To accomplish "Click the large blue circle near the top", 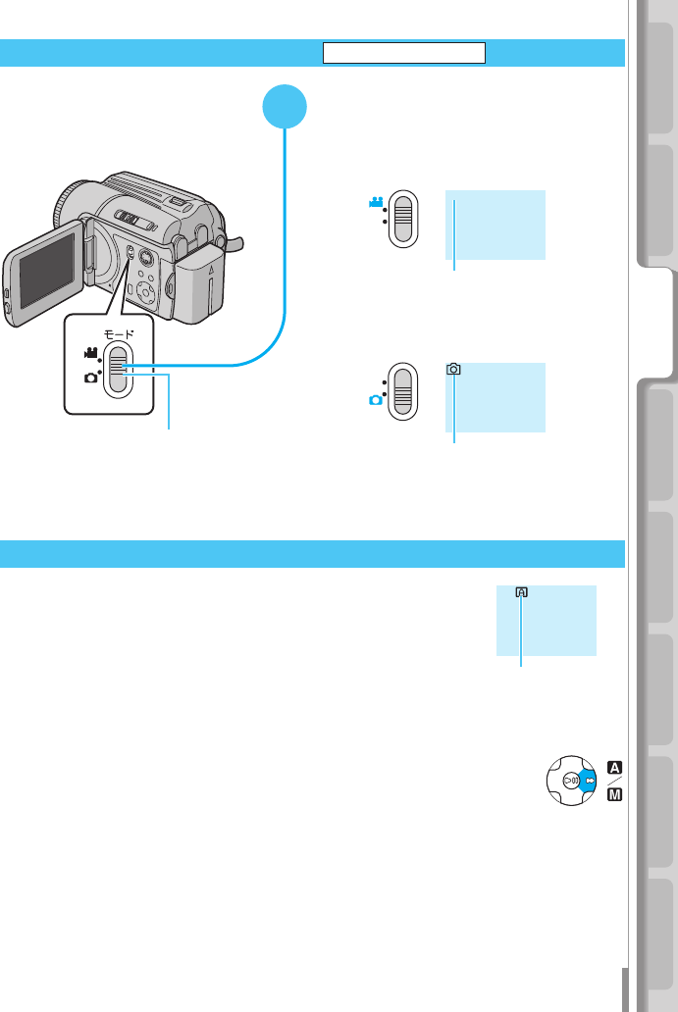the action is click(286, 106).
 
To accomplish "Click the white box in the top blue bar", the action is click(405, 53).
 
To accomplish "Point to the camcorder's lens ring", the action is click(66, 206).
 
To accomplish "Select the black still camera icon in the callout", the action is click(90, 378).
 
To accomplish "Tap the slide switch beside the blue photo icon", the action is click(402, 391).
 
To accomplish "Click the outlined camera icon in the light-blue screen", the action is click(453, 370).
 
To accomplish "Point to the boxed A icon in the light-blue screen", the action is click(521, 592).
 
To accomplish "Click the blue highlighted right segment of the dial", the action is click(587, 782).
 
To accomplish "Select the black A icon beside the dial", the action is click(614, 767).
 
